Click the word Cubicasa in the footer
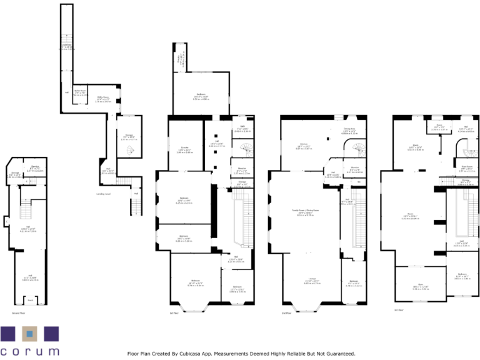pos(180,354)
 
